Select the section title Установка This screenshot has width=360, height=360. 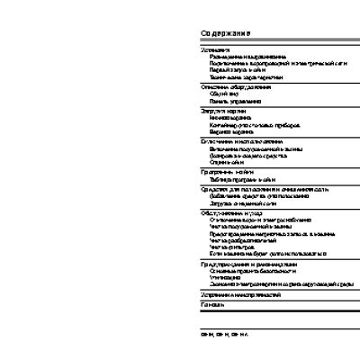[x=215, y=49]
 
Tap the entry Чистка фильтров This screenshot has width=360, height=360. [x=229, y=247]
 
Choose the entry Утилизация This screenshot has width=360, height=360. [x=224, y=277]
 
